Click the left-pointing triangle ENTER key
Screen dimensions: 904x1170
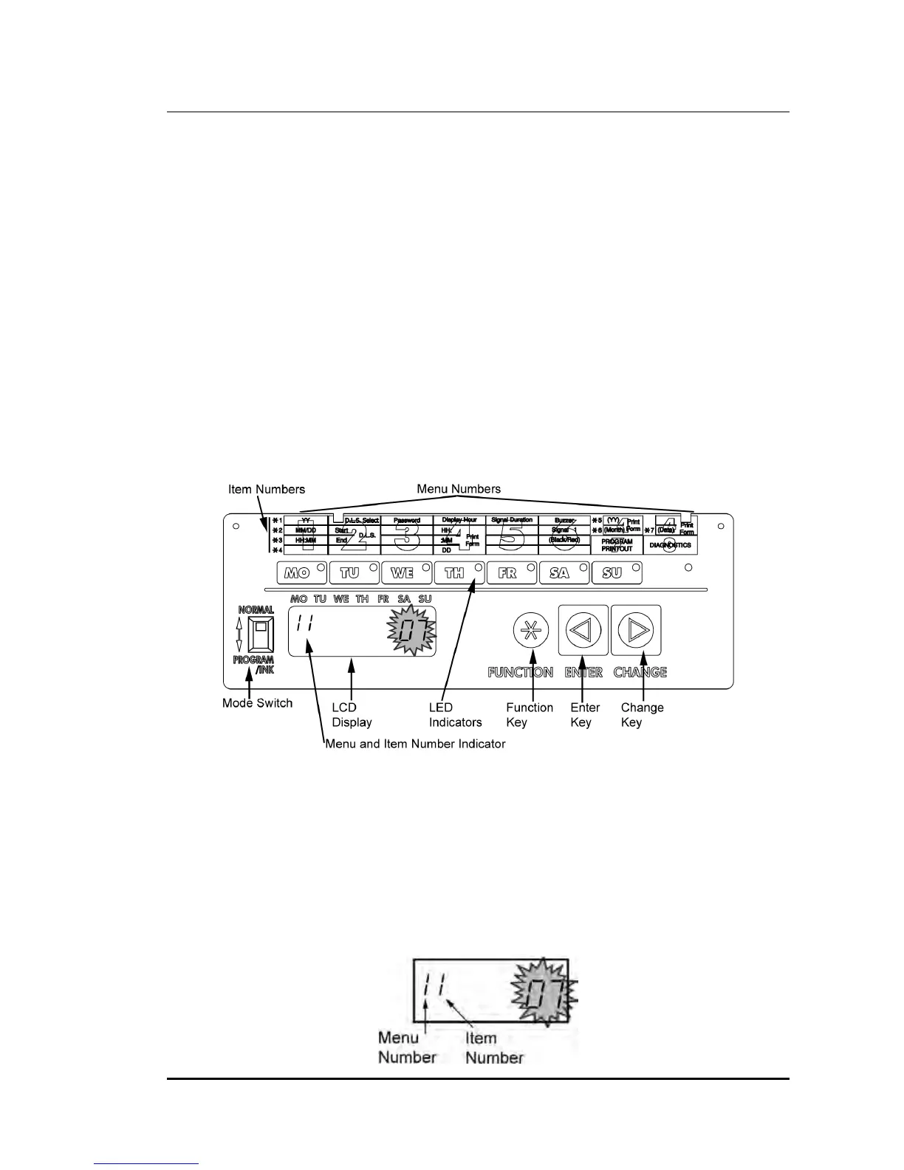(x=583, y=630)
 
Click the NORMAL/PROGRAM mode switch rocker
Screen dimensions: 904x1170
(x=260, y=633)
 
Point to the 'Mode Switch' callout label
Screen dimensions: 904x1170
(x=257, y=703)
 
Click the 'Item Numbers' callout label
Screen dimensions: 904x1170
(x=266, y=489)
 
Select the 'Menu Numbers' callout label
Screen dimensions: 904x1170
(x=459, y=488)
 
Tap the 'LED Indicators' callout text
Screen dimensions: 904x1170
(x=455, y=715)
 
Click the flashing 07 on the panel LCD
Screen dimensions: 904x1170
(x=411, y=632)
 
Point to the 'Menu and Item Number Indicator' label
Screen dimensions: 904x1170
(x=415, y=744)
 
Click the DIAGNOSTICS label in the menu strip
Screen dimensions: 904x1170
(x=670, y=545)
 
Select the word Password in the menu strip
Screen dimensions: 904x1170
(x=406, y=521)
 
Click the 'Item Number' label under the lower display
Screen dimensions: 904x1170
(x=494, y=1048)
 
